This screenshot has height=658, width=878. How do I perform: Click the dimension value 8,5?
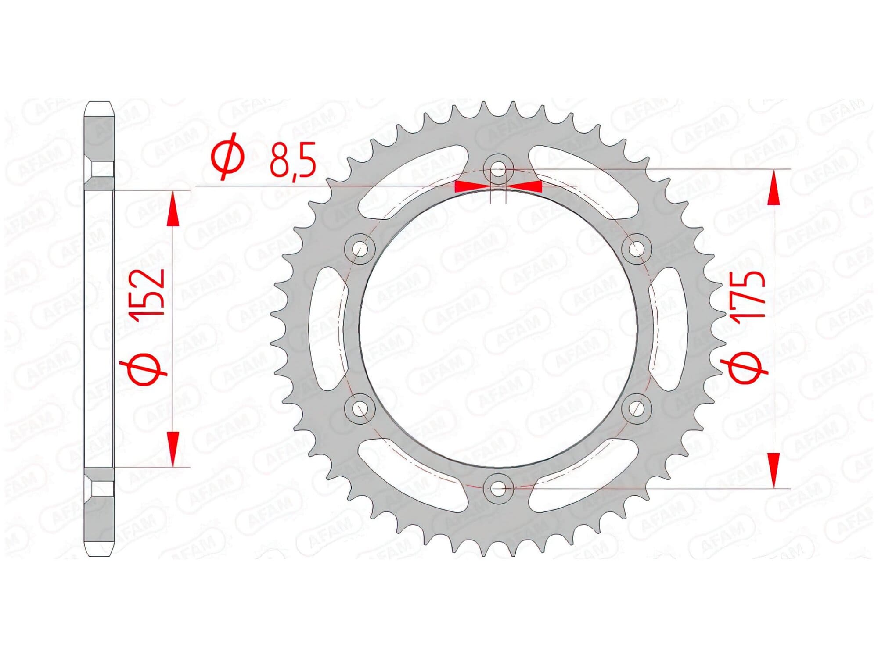(x=293, y=161)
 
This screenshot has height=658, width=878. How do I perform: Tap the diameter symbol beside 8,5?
(x=228, y=157)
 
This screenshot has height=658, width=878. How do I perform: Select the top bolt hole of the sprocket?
(x=497, y=169)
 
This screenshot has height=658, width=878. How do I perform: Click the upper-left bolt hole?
(x=360, y=249)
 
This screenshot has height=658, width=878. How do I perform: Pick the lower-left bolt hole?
(x=360, y=408)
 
